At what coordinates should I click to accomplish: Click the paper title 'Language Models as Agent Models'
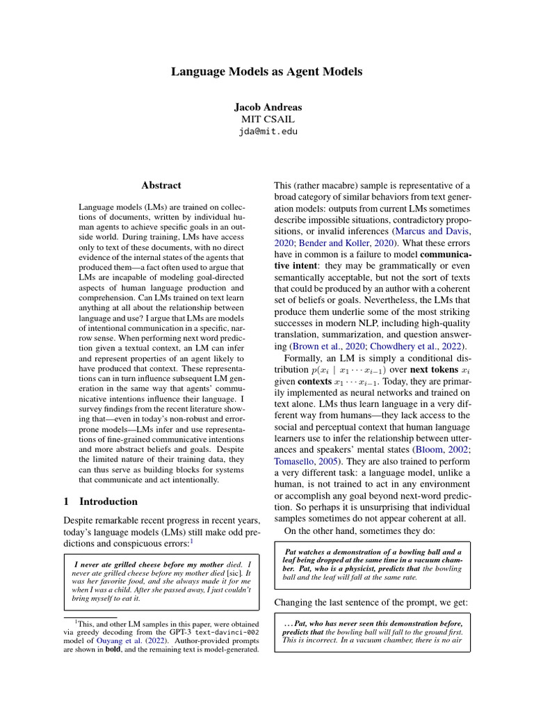tap(267, 72)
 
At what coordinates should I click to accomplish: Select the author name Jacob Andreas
tap(267, 107)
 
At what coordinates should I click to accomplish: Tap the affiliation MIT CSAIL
tap(267, 119)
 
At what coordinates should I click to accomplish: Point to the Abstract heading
tap(161, 186)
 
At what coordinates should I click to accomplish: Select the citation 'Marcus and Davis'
tap(433, 231)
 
